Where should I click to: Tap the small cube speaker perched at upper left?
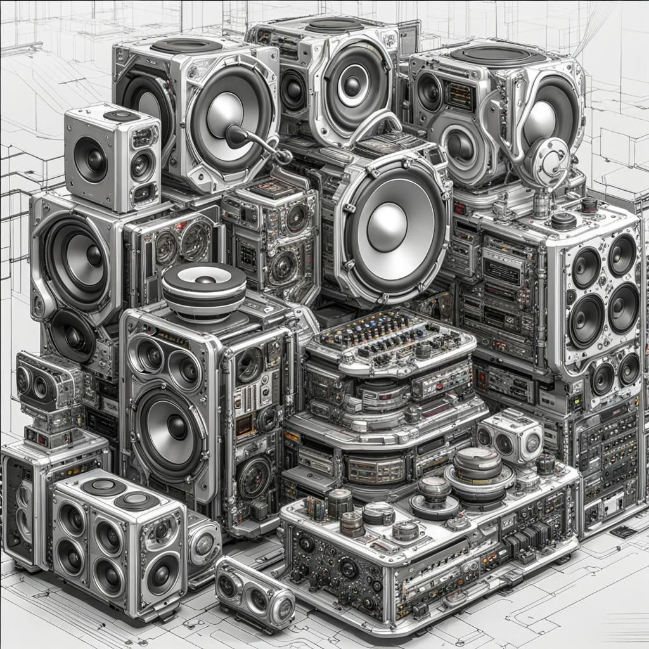click(112, 157)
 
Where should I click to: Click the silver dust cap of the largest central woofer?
click(386, 227)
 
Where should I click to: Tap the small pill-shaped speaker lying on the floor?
click(254, 593)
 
